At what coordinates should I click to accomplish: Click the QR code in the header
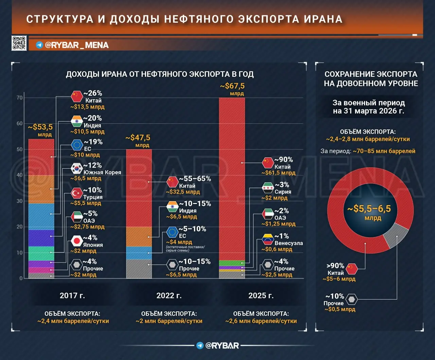19,43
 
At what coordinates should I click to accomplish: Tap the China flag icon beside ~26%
77,97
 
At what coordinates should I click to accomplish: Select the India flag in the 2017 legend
77,121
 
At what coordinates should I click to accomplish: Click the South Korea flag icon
77,169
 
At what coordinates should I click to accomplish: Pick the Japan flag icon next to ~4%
77,241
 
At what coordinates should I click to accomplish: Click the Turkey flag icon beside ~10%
77,193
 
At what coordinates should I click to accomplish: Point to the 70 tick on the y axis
20,98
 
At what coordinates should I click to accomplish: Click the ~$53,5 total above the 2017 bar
40,127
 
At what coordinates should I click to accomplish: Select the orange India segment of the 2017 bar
41,189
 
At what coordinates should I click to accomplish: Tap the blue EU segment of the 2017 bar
41,217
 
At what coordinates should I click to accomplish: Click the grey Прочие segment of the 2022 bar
139,269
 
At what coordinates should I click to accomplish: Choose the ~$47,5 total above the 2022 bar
138,138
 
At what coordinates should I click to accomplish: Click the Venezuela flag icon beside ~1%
268,239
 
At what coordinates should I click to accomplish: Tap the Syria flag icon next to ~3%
268,188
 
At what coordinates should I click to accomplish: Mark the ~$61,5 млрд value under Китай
278,173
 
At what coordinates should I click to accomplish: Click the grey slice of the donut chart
395,236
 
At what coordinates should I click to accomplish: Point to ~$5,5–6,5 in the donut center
369,209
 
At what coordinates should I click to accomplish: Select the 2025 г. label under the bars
261,295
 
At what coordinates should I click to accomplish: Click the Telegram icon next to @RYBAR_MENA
39,45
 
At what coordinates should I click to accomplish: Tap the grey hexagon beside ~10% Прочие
351,299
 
